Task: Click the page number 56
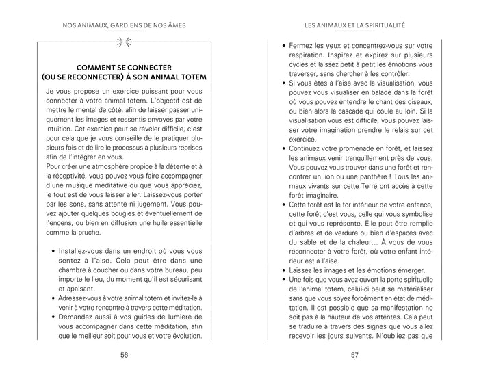(124, 355)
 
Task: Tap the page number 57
(354, 355)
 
